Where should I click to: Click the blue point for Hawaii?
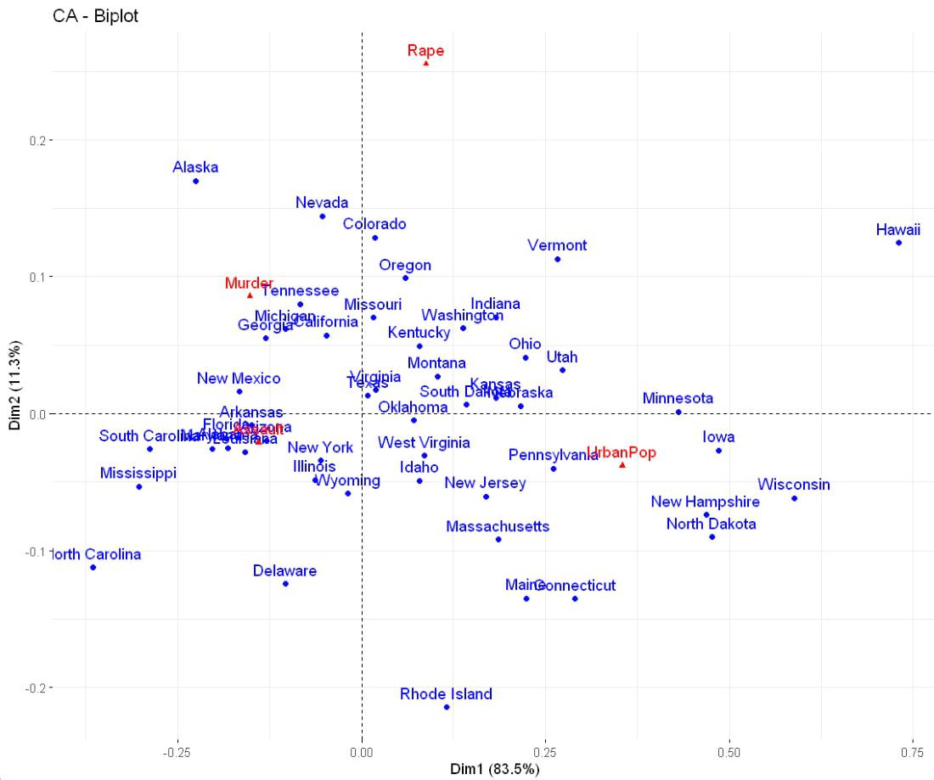click(x=898, y=243)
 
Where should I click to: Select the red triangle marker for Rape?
click(x=425, y=63)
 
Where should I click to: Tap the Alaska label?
click(x=195, y=167)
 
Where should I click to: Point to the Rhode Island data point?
click(x=447, y=707)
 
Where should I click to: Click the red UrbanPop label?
click(x=622, y=452)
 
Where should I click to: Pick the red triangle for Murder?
click(x=250, y=295)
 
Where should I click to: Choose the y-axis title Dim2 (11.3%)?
click(x=15, y=385)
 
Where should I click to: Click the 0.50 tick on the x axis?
click(x=729, y=753)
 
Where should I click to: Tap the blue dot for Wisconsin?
click(x=794, y=498)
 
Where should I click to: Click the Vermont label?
click(x=557, y=245)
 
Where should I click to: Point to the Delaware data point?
click(x=285, y=583)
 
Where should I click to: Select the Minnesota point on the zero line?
click(x=678, y=412)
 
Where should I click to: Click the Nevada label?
click(x=322, y=203)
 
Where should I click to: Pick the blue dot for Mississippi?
click(x=139, y=486)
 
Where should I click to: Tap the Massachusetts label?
click(x=498, y=526)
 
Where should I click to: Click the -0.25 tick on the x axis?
click(x=177, y=753)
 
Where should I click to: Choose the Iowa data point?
click(x=718, y=451)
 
